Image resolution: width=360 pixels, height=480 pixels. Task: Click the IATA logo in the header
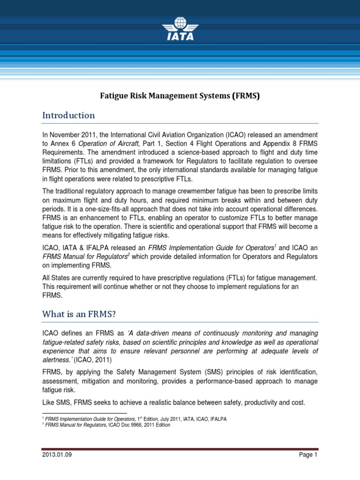180,30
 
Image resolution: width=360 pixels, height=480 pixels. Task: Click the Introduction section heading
68,115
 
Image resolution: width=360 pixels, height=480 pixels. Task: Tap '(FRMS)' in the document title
244,96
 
